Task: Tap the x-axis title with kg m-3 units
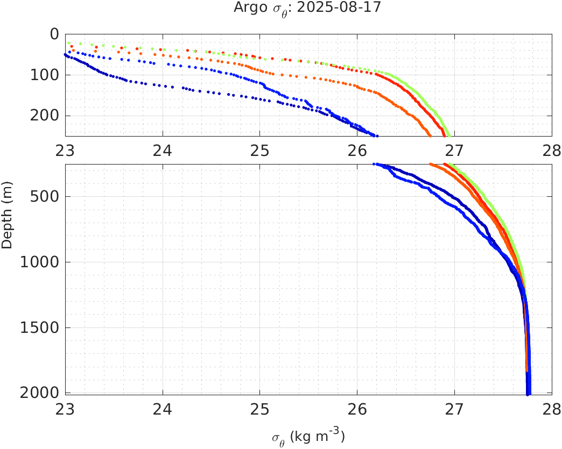[x=308, y=436]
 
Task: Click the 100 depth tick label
[x=44, y=75]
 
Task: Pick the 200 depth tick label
[x=44, y=116]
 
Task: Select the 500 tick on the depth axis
[x=44, y=196]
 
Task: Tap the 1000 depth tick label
[x=39, y=262]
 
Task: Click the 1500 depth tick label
[x=39, y=327]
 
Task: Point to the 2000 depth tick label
[x=39, y=393]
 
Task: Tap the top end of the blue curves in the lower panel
[x=375, y=164]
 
